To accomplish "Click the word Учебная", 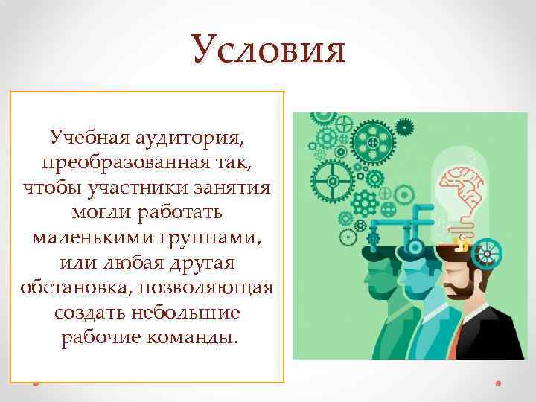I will pos(83,138).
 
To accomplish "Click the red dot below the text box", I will pos(35,383).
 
